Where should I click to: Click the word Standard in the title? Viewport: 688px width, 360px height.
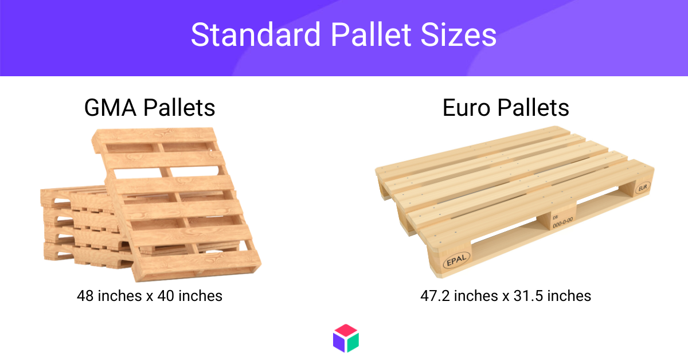[256, 35]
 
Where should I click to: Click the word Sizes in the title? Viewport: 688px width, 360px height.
[459, 35]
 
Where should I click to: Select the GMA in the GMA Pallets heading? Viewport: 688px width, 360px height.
[110, 108]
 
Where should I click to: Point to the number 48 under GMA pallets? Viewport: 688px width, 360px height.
[85, 296]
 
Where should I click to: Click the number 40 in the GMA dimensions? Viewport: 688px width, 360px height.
[166, 296]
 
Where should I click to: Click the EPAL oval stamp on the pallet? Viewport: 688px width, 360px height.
[457, 260]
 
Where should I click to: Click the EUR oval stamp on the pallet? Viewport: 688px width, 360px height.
[643, 187]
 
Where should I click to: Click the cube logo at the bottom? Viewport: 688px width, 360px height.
[346, 338]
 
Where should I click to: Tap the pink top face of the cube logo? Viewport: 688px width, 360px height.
[346, 331]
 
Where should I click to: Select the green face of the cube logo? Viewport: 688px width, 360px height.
[353, 342]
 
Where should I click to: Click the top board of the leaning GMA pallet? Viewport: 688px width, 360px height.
[154, 135]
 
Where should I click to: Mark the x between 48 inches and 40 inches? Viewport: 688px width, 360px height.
[150, 297]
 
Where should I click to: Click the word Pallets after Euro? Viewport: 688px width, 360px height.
[533, 108]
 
